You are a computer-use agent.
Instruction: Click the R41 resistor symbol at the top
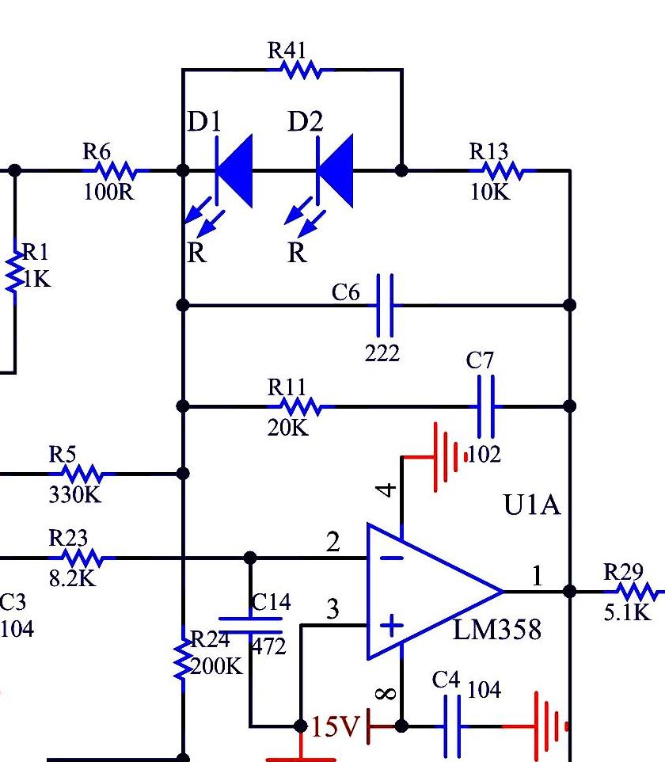tap(301, 70)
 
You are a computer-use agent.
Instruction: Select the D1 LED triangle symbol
tap(234, 171)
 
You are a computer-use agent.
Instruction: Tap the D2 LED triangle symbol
tap(334, 171)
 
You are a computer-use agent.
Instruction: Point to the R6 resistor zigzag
tap(116, 170)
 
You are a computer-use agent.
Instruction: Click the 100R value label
tap(108, 192)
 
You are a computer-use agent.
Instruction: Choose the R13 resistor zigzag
tap(503, 170)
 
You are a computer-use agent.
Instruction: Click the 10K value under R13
tap(490, 192)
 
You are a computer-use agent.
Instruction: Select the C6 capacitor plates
tap(385, 305)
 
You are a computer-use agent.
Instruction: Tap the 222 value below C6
tap(382, 352)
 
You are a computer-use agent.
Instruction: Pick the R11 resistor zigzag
tap(301, 406)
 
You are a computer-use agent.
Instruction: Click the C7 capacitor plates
tap(486, 406)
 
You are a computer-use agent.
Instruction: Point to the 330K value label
tap(74, 495)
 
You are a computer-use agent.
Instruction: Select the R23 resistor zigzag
tap(82, 558)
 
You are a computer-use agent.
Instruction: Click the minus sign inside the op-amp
tap(392, 558)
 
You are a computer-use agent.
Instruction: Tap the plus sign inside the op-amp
tap(392, 626)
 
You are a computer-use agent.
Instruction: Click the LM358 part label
tap(497, 630)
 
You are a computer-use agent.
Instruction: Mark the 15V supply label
tap(335, 727)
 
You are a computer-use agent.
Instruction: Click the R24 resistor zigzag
tap(183, 659)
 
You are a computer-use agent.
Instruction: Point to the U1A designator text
tap(532, 505)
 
